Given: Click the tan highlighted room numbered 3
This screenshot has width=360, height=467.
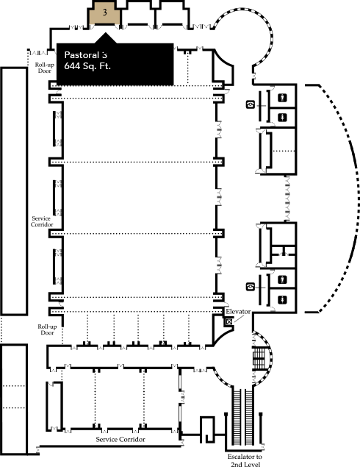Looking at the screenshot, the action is coord(104,14).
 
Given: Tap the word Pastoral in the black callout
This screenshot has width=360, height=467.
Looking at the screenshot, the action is coord(82,55).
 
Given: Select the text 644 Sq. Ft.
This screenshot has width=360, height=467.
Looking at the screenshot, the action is coord(87,66).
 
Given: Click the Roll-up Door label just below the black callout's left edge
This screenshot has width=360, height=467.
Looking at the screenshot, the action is coord(45,68).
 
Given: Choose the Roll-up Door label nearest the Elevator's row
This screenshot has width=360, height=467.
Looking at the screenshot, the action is coord(47,329).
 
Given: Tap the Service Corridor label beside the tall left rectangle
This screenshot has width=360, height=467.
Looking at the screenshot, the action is coord(42,221).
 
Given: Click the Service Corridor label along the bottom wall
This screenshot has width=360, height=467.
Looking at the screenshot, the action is coord(120,439).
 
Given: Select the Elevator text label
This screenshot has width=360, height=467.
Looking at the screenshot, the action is coord(238,312).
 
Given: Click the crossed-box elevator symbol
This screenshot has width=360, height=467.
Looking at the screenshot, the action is coord(228,321).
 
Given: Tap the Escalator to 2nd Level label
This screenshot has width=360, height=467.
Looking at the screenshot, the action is coord(245,460).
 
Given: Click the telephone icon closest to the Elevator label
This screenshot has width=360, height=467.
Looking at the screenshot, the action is coord(251,287).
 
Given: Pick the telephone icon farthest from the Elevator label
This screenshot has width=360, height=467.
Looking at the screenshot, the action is coord(251,104).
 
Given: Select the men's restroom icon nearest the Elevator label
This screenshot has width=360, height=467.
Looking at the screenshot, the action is coord(282,279).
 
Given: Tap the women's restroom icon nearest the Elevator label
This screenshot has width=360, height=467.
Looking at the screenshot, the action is coord(282,299).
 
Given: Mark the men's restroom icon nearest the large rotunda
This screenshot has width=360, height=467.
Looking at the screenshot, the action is coord(282,97).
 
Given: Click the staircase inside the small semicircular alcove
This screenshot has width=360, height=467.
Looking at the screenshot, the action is coord(259,357).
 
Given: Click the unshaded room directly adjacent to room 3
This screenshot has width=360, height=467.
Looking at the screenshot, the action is coord(138,14).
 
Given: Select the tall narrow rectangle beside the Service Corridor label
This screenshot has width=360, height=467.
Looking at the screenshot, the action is coord(14,191).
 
